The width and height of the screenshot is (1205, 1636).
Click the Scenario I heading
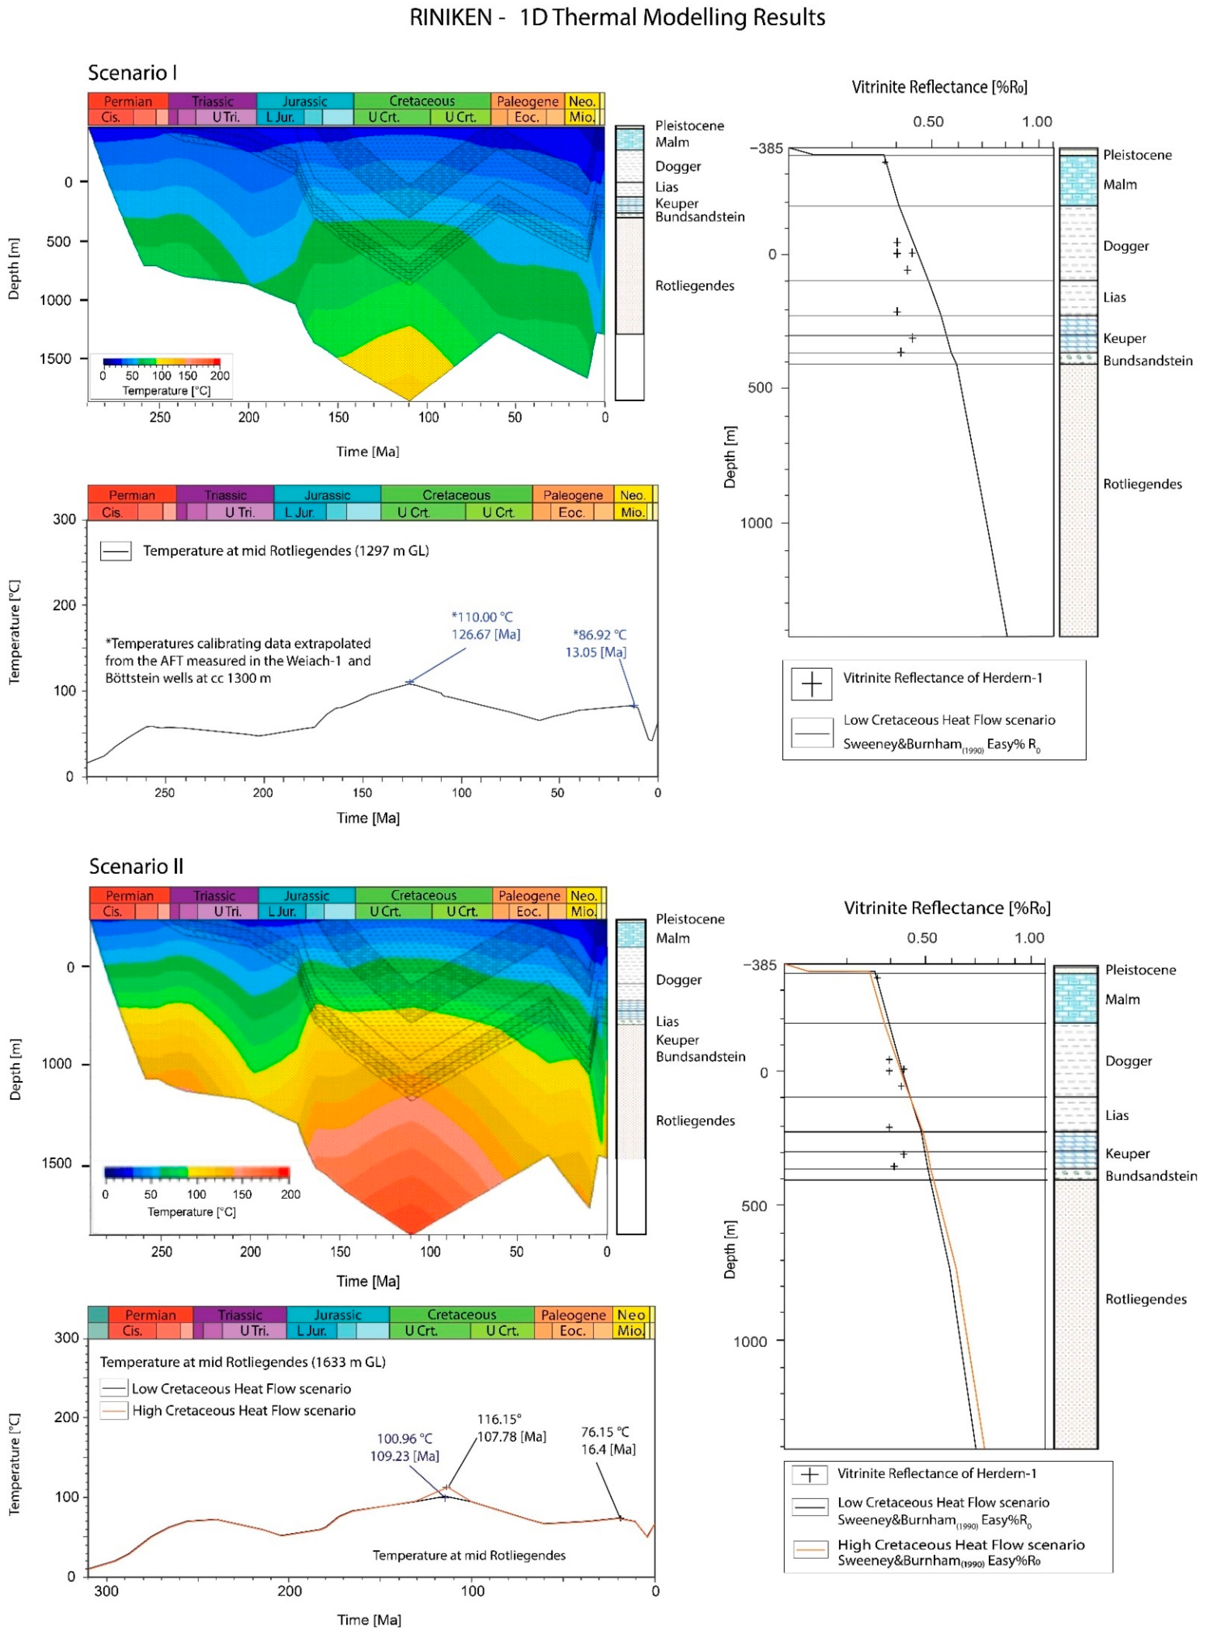coord(132,73)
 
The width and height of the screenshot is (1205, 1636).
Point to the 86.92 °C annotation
coord(599,635)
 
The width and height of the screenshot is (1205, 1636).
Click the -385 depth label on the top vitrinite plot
coord(766,149)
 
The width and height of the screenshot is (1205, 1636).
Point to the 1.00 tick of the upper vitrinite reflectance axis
coord(1036,122)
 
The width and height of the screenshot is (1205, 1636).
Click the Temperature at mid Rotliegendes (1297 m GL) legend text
coord(285,551)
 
